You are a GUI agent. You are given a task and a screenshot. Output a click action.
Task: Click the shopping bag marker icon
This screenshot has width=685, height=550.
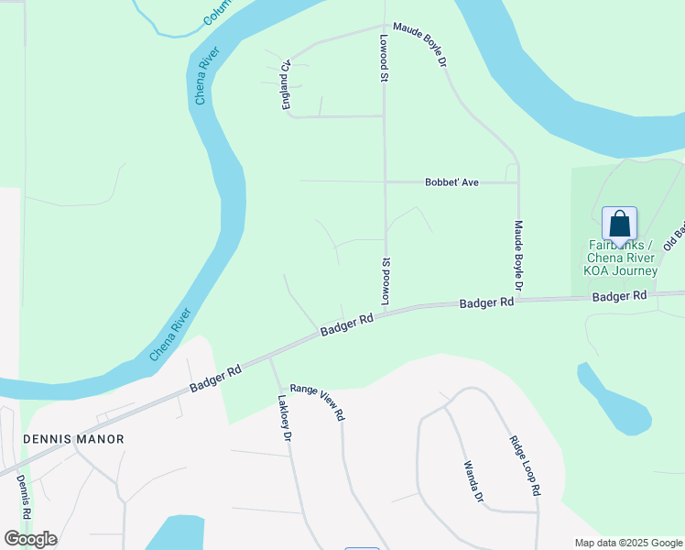click(x=619, y=224)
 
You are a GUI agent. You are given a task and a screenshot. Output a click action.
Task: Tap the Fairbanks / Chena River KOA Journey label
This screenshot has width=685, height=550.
click(x=622, y=258)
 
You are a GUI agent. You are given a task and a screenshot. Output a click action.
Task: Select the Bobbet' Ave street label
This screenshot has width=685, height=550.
click(x=451, y=182)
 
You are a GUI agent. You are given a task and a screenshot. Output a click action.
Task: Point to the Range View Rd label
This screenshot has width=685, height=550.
click(x=317, y=401)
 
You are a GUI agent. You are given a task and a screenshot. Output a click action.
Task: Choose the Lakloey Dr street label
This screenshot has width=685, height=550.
click(x=284, y=419)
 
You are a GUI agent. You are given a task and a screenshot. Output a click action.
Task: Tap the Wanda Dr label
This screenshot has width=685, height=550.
click(x=472, y=482)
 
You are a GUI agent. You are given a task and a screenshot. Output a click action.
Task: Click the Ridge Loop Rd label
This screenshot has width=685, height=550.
click(x=524, y=465)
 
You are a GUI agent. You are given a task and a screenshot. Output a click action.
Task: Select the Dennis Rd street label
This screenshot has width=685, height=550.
click(x=23, y=500)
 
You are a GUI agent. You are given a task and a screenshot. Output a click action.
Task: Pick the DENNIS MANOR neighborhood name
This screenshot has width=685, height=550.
click(x=73, y=439)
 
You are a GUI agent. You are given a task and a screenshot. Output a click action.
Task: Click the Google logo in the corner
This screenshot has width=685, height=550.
click(x=30, y=539)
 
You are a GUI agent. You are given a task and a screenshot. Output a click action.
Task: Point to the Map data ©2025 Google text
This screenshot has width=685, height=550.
click(x=628, y=543)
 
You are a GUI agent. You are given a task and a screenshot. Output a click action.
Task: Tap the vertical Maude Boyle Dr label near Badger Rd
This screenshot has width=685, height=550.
click(x=518, y=256)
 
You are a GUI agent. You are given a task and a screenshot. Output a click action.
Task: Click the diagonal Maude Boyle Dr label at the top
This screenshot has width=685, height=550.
click(x=419, y=45)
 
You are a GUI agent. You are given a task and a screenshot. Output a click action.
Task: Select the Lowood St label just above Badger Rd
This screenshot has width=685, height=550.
click(x=386, y=281)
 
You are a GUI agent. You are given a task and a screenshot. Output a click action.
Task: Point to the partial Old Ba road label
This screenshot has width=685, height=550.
click(x=673, y=229)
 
